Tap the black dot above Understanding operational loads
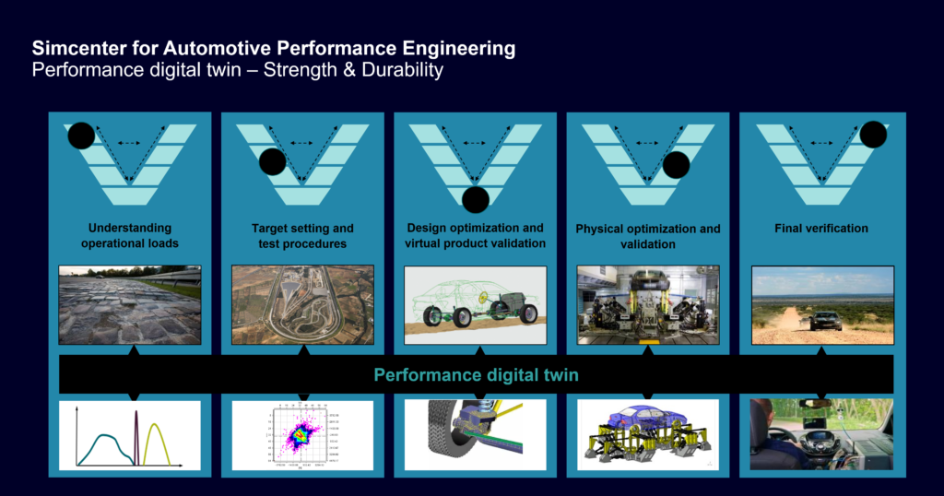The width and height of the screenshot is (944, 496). point(81,136)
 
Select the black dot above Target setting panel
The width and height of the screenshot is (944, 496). point(272,162)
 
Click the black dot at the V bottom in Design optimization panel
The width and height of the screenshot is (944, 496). point(476,198)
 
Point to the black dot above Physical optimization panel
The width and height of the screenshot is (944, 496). point(676,165)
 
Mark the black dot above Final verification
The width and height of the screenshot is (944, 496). point(873,135)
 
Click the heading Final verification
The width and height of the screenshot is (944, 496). point(821,229)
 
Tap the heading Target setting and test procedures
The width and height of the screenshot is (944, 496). point(301,236)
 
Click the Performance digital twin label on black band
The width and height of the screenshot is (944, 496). point(476,375)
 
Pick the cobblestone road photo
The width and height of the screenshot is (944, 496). point(129,305)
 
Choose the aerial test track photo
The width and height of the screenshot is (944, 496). point(301,305)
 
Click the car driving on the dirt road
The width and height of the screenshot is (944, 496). point(825,320)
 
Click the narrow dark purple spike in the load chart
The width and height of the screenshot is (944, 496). point(136,438)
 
